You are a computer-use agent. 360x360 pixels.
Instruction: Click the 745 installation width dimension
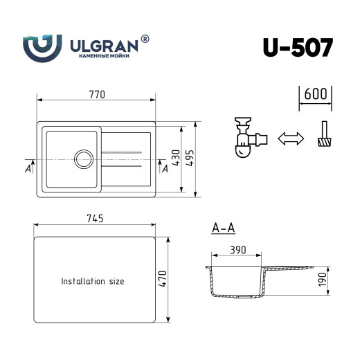pos(94,219)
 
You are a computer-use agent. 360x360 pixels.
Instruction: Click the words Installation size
pos(93,282)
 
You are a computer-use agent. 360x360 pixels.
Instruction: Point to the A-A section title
pos(223,227)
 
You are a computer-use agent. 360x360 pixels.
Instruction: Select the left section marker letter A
pos(28,169)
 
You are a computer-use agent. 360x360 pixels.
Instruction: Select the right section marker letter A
pos(164,169)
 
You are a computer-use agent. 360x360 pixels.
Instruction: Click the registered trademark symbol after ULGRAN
pos(145,39)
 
